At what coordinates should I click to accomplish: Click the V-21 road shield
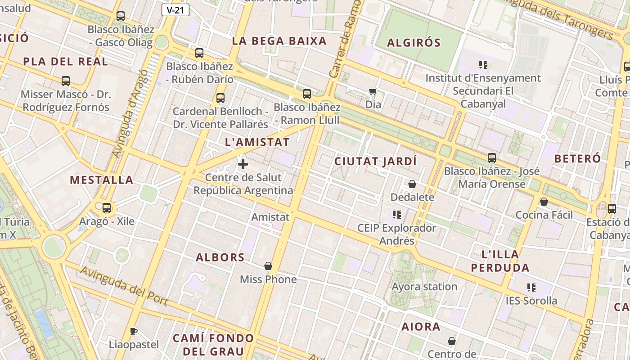[x=175, y=10]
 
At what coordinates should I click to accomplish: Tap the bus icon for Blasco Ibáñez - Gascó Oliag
[x=121, y=16]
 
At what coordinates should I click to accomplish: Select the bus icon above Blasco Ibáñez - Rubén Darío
[x=199, y=53]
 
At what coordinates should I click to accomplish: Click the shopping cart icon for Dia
[x=373, y=92]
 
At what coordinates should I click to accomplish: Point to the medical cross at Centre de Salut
[x=243, y=164]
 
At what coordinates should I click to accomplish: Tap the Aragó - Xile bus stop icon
[x=107, y=208]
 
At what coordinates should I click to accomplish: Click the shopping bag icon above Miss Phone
[x=268, y=266]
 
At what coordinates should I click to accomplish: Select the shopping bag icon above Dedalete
[x=412, y=184]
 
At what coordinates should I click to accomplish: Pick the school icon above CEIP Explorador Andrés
[x=396, y=214]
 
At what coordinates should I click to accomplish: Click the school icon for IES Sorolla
[x=531, y=287]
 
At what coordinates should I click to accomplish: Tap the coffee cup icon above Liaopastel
[x=134, y=332]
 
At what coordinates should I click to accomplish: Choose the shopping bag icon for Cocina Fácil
[x=544, y=202]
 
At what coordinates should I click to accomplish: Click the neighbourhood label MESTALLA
[x=102, y=180]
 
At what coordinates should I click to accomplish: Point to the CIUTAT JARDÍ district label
[x=375, y=161]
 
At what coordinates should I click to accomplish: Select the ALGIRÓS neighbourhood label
[x=414, y=43]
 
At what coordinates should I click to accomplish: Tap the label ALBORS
[x=220, y=257]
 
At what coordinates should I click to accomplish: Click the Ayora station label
[x=424, y=287]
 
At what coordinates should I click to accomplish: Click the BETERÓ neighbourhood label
[x=577, y=158]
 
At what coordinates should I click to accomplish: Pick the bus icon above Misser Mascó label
[x=66, y=81]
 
